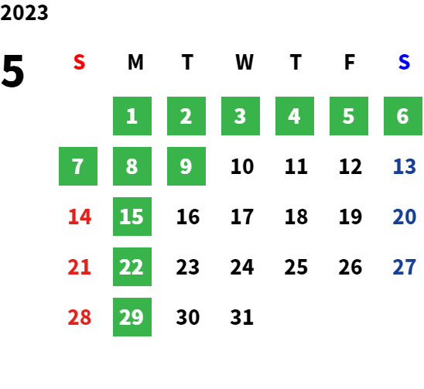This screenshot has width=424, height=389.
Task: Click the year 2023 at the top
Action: click(24, 13)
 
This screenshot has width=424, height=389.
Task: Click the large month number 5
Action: click(12, 71)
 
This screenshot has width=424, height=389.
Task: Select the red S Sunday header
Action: click(79, 62)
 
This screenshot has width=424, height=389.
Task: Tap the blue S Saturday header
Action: click(404, 62)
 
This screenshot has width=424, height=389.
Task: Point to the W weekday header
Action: click(244, 62)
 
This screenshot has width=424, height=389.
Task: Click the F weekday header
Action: click(350, 62)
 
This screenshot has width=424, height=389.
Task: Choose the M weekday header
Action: click(135, 62)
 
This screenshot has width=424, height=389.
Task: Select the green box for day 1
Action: click(132, 116)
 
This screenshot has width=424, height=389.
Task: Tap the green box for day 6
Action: click(403, 116)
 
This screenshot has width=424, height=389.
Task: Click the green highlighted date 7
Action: click(78, 166)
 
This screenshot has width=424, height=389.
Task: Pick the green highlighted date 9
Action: click(186, 166)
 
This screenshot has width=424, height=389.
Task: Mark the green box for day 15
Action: click(132, 217)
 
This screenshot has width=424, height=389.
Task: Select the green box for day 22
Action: click(132, 267)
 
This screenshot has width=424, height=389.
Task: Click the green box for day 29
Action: click(132, 317)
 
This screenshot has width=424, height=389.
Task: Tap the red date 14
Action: click(80, 217)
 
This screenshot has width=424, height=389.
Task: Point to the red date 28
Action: click(80, 317)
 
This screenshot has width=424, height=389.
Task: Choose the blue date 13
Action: click(404, 166)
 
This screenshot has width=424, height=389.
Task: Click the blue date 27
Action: click(404, 267)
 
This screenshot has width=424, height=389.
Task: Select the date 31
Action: click(241, 317)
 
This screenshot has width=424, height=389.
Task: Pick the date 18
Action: click(296, 217)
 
